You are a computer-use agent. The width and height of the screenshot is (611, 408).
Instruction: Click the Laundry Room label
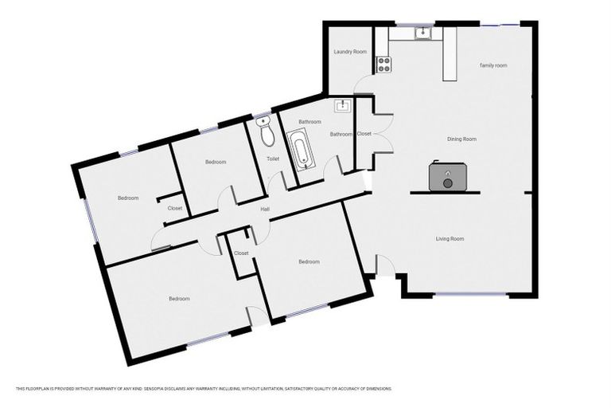coord(349,51)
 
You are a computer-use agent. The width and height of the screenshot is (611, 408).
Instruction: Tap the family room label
coord(493,65)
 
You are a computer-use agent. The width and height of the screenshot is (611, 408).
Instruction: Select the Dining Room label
coord(461,139)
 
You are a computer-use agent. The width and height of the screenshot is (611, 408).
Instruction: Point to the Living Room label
coord(449,238)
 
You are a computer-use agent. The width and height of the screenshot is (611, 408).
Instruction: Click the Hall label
coord(266,210)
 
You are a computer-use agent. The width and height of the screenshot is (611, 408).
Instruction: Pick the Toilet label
coord(273,159)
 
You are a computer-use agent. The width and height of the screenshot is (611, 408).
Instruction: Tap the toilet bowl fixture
coord(267,133)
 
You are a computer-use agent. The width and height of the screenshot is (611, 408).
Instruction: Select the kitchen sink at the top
coord(422,33)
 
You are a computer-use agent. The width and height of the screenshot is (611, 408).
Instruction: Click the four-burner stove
coord(383,63)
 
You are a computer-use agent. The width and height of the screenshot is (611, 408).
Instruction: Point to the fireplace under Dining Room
coord(447,177)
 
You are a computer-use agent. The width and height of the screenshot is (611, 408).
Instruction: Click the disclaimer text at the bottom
coord(204,389)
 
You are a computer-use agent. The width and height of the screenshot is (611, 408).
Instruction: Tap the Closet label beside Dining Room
coord(364,133)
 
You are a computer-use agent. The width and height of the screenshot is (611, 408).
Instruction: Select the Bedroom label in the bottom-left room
coord(179,299)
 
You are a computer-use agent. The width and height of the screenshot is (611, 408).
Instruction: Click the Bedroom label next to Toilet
coord(216,162)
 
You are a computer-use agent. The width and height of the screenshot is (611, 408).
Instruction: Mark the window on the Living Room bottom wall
coord(471,296)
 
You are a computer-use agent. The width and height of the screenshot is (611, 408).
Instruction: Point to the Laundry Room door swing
coord(363,84)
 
